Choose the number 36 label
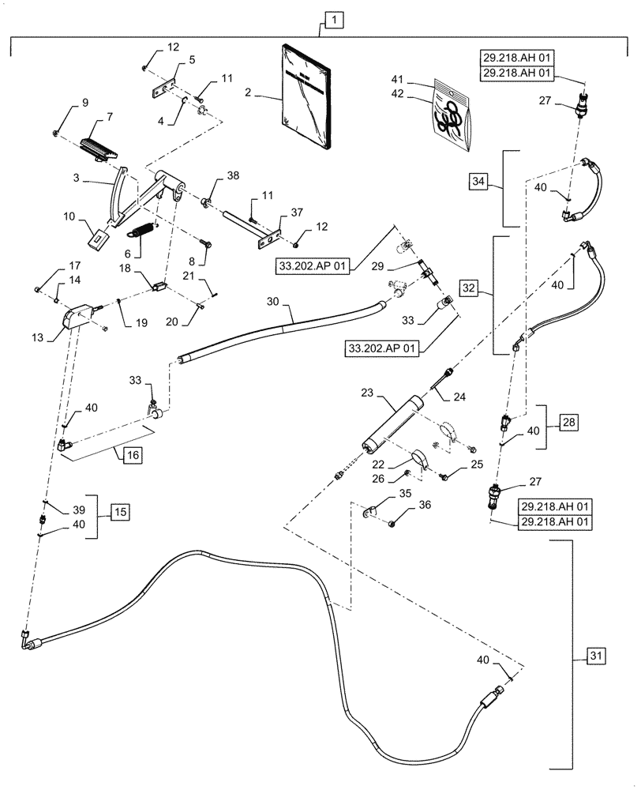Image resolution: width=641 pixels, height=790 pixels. pos(425,506)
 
